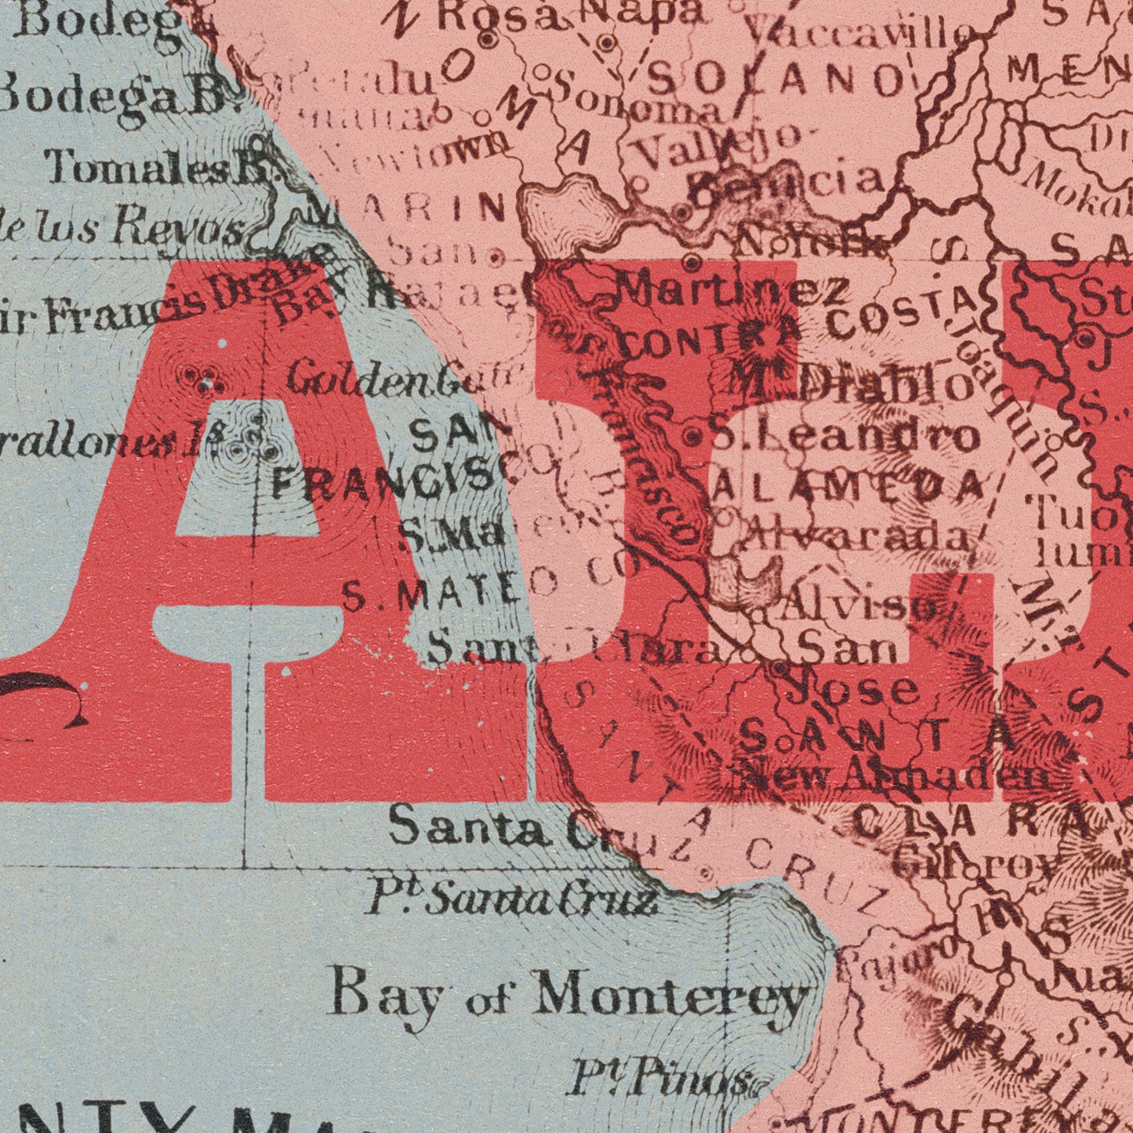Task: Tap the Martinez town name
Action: [x=731, y=291]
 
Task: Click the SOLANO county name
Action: [x=776, y=78]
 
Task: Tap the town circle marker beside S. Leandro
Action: [x=693, y=438]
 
